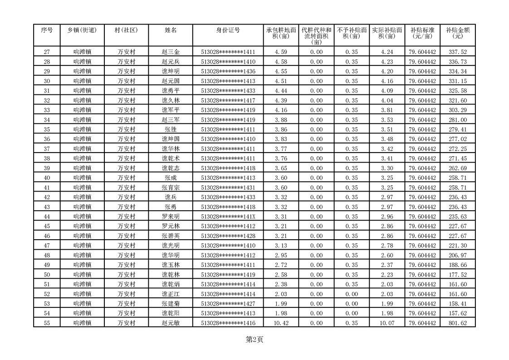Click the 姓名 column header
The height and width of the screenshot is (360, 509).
171,30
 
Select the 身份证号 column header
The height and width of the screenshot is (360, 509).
228,30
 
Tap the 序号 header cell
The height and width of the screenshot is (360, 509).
47,30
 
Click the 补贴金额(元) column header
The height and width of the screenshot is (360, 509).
457,33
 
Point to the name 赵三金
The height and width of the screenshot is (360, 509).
171,52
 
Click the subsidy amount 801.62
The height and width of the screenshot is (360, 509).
457,323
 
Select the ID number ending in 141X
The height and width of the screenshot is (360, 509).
228,217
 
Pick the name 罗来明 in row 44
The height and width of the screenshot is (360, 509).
171,217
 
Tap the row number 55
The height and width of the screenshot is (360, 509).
47,323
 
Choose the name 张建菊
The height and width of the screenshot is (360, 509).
171,303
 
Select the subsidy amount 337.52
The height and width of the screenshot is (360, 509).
457,52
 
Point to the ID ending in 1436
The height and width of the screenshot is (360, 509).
228,72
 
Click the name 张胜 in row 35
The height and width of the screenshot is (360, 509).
171,129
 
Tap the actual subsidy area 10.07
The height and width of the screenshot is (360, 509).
387,323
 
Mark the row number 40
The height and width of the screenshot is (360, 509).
47,178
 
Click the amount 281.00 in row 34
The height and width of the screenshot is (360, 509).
457,120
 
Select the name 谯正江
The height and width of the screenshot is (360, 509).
171,294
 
